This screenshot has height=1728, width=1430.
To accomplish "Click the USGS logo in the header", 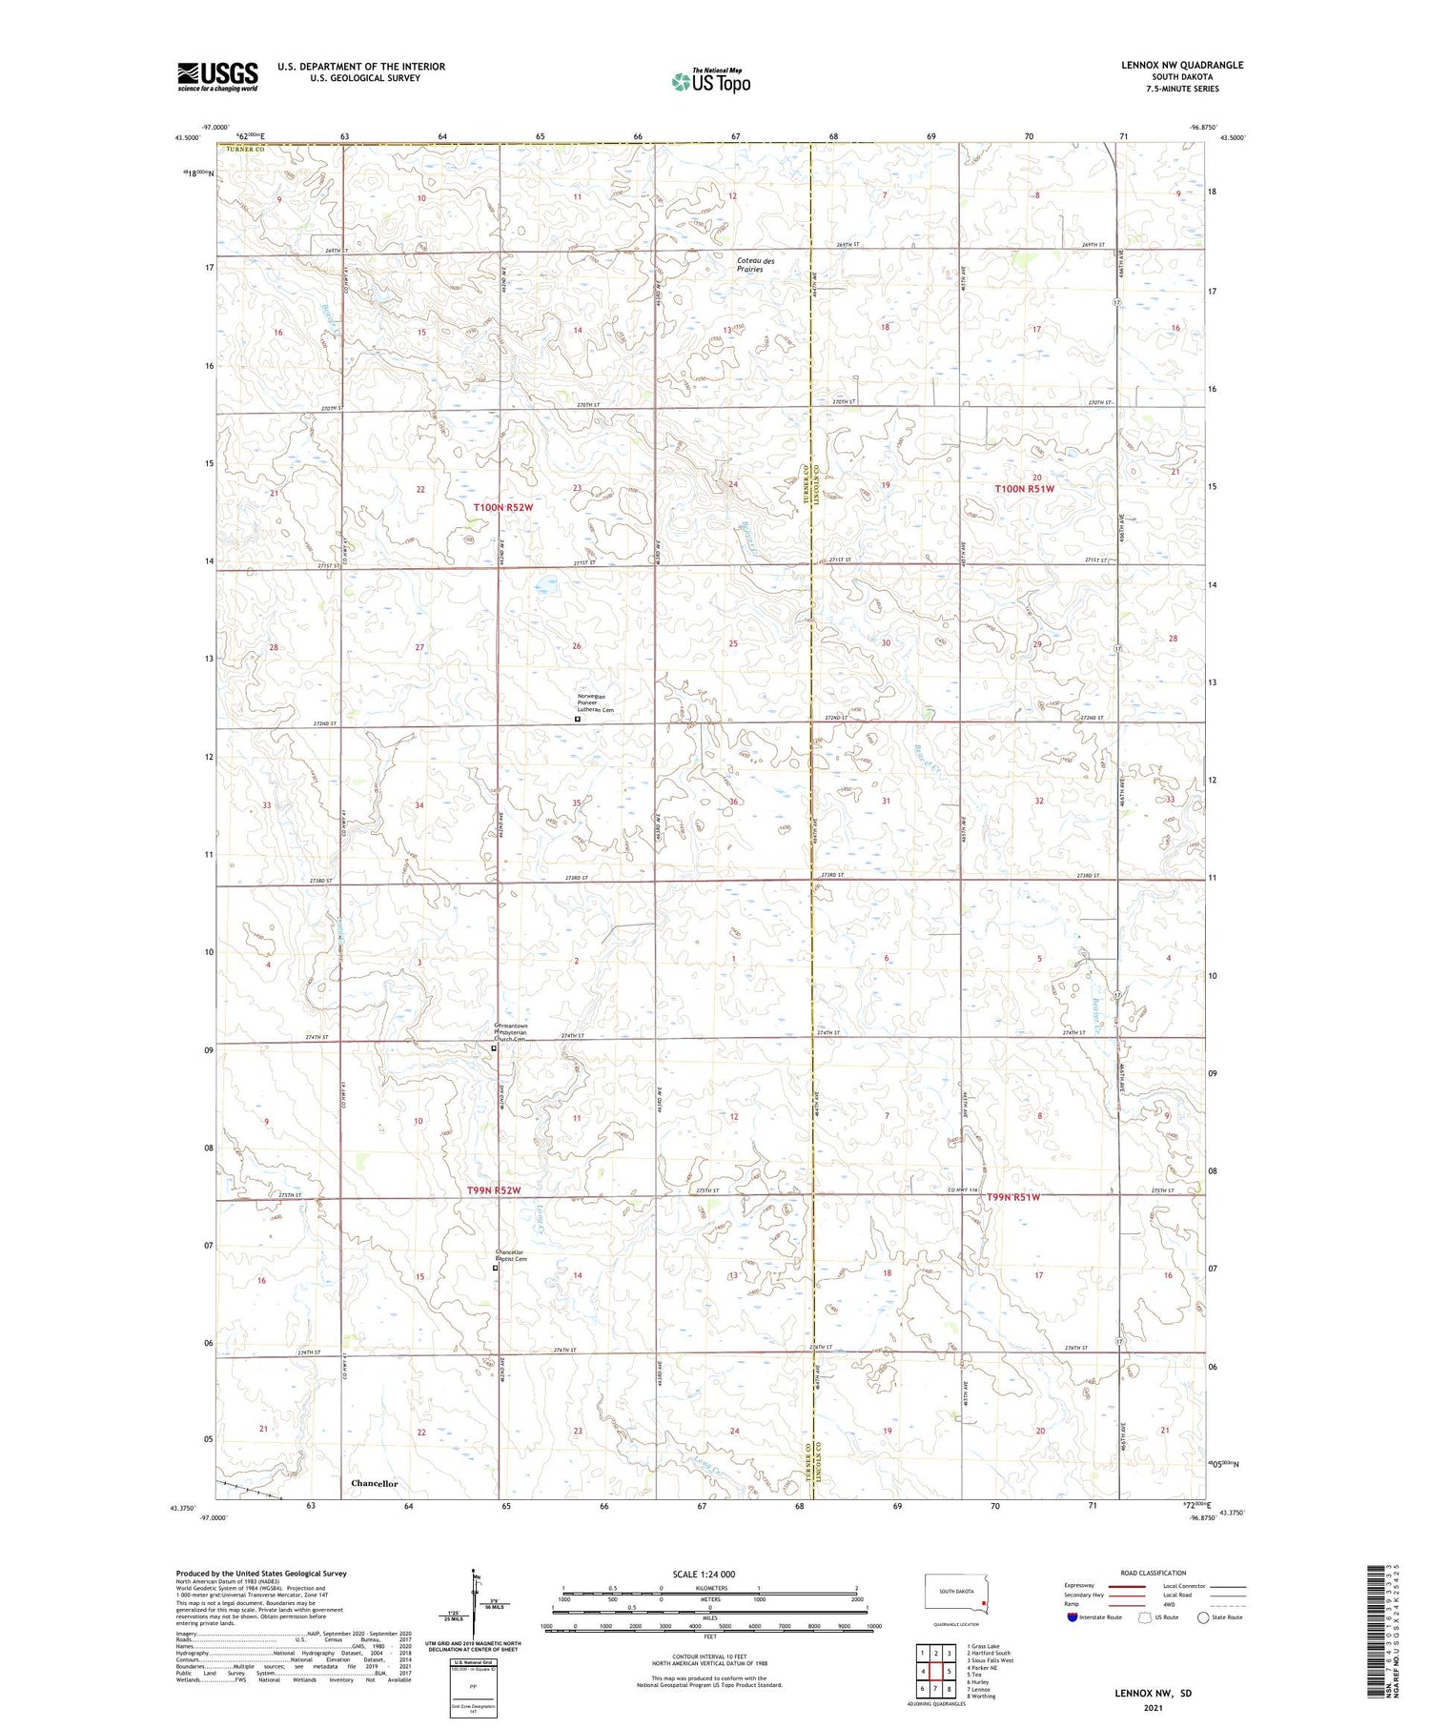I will [217, 76].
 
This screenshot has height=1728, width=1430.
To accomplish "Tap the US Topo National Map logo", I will [710, 81].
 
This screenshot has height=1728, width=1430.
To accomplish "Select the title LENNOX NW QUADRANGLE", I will [1182, 65].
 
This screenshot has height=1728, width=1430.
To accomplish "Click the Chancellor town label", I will [374, 1484].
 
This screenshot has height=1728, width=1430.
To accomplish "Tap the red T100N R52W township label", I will [502, 508].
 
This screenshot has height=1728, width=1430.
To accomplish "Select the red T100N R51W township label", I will [1025, 489].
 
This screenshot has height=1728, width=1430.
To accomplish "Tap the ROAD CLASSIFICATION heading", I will [1154, 1573].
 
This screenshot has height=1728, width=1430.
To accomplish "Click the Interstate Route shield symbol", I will [1072, 1616].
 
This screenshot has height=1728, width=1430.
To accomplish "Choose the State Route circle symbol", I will [1204, 1616].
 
